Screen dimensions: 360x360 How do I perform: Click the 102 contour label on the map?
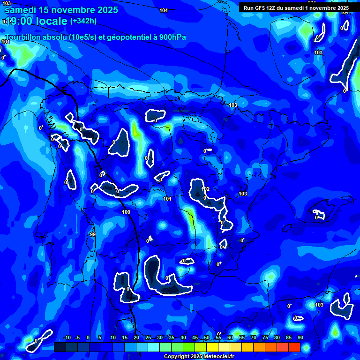pyautogui.click(x=205, y=189)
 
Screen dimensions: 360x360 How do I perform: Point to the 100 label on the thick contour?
pyautogui.click(x=126, y=212)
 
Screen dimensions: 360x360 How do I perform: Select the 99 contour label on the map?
pyautogui.click(x=92, y=234)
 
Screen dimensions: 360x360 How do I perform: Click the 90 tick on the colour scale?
pyautogui.click(x=300, y=337)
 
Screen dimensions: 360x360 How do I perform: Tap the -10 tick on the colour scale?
pyautogui.click(x=67, y=337)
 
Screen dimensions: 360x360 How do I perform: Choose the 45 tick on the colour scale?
pyautogui.click(x=195, y=337)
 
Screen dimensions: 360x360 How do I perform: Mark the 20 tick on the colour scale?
pyautogui.click(x=136, y=337)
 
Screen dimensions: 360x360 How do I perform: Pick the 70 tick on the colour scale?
pyautogui.click(x=254, y=337)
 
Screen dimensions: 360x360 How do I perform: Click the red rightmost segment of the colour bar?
pyautogui.click(x=294, y=347)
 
